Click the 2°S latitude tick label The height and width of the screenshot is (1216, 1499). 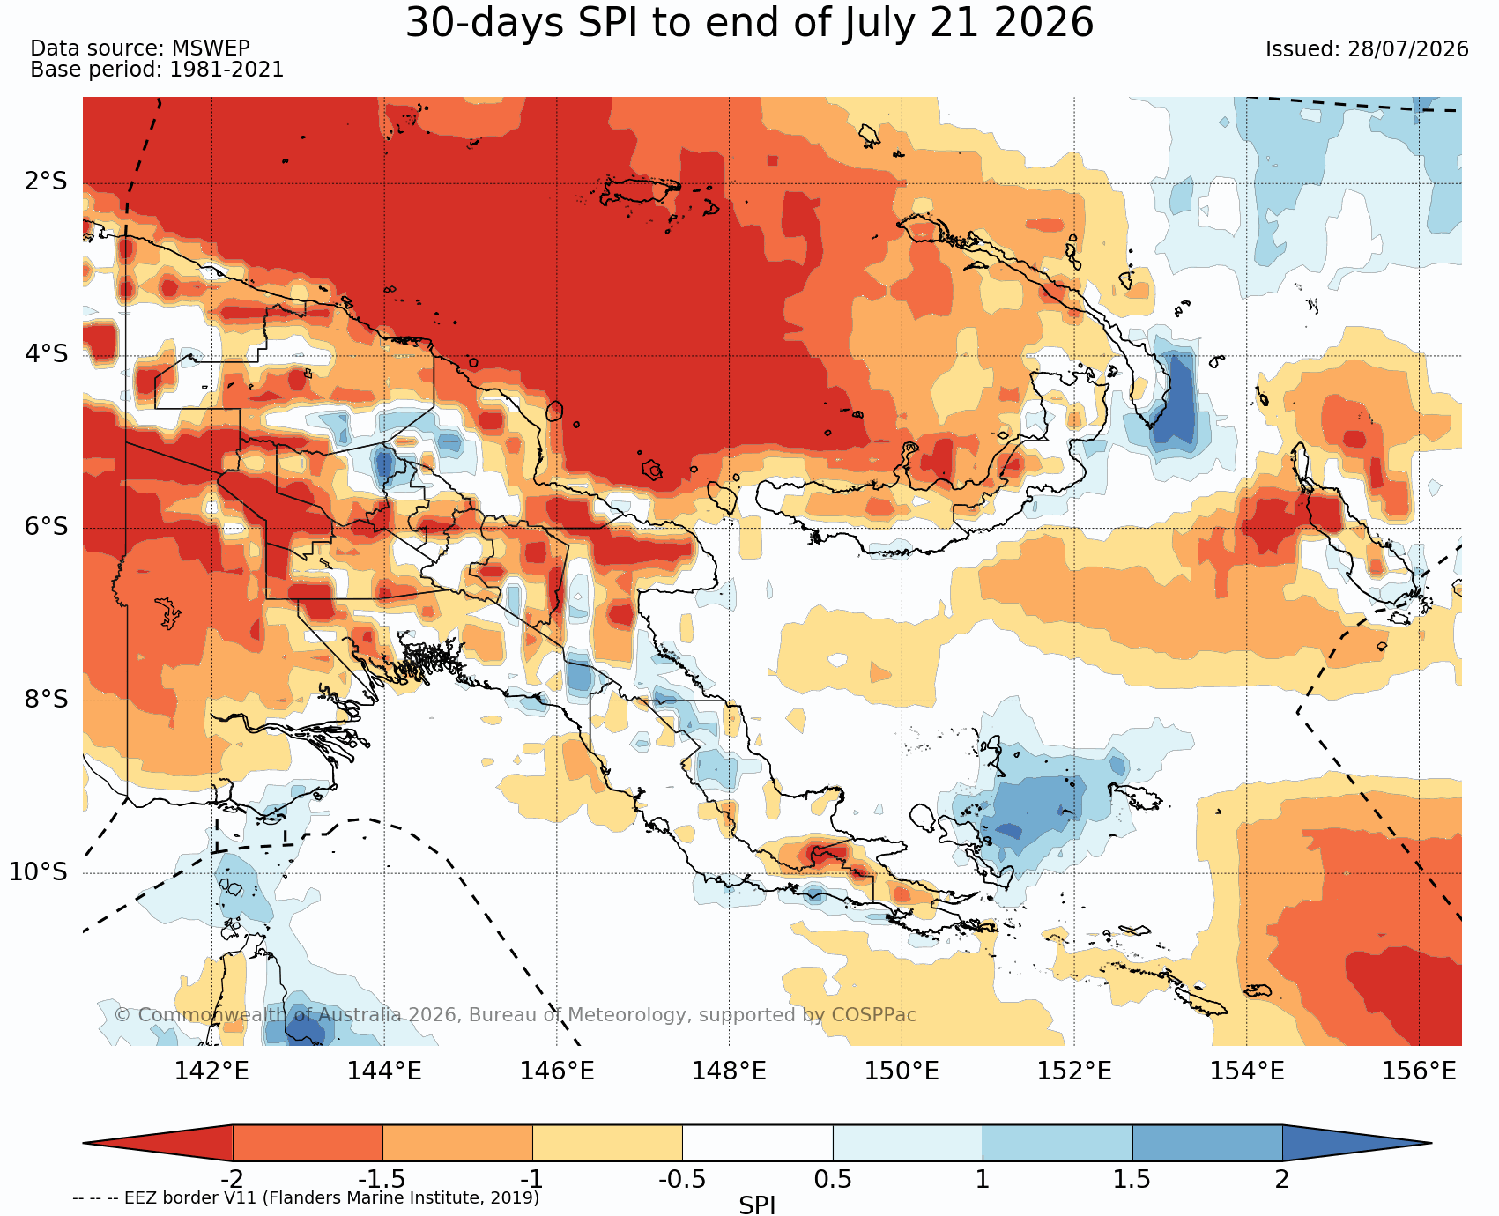[47, 182]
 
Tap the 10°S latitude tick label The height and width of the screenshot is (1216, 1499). [39, 871]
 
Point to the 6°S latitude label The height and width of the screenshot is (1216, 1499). [47, 526]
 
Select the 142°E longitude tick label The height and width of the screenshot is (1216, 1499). [211, 1071]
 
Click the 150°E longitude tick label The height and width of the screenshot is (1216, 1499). [902, 1071]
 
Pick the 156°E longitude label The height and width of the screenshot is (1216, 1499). [1419, 1071]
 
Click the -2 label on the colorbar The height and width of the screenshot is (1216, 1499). [232, 1179]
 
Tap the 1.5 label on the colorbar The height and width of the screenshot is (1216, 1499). [1132, 1179]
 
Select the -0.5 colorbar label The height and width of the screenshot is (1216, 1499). [682, 1179]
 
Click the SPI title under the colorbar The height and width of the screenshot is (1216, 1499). [757, 1205]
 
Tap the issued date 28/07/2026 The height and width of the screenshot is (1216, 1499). [1407, 49]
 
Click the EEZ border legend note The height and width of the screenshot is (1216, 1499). [306, 1198]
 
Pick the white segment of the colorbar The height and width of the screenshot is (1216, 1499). [757, 1143]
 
